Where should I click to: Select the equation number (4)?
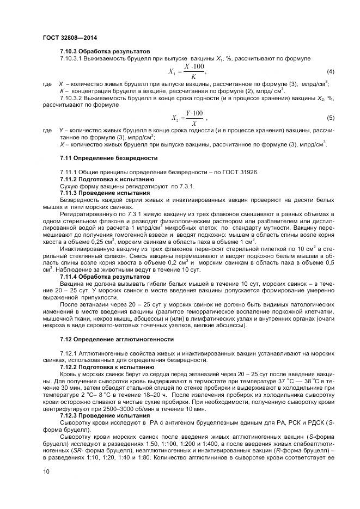pyautogui.click(x=330, y=72)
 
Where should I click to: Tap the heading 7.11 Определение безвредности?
pyautogui.click(x=108, y=158)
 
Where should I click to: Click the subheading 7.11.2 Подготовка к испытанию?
pyautogui.click(x=106, y=179)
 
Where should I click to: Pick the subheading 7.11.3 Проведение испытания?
pyautogui.click(x=104, y=193)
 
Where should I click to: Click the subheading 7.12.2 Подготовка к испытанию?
pyautogui.click(x=106, y=367)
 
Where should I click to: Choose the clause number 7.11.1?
pyautogui.click(x=69, y=172)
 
